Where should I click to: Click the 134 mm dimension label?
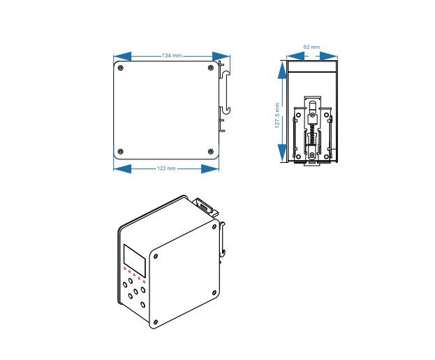(172, 55)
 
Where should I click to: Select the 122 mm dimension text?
(166, 168)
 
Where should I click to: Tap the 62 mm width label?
(311, 48)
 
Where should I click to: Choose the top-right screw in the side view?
(211, 68)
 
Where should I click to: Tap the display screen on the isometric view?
(134, 259)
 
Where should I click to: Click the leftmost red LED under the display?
(125, 268)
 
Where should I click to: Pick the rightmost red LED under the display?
(143, 281)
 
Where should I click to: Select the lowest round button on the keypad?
(143, 305)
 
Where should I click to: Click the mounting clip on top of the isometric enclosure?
(204, 206)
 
